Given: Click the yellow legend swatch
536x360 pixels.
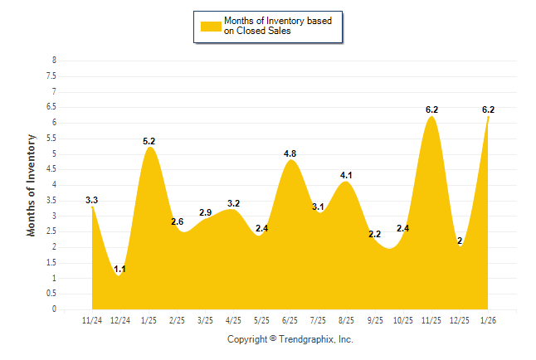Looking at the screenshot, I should coord(212,26).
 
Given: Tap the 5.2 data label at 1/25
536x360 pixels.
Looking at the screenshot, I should coord(149,141).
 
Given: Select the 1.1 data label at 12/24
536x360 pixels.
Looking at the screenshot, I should coord(119,269).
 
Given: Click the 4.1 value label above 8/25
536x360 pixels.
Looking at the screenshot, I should coord(347,175).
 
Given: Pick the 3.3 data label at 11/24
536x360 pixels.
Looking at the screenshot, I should coord(92,200).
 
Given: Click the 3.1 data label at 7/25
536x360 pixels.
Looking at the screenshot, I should coord(319,207).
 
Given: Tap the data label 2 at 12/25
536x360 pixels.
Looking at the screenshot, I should coord(459,241).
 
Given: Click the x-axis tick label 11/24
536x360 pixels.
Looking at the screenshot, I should coord(92,319).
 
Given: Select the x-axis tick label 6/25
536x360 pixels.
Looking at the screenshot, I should coord(290,319).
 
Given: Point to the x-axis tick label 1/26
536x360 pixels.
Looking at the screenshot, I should coord(488,319).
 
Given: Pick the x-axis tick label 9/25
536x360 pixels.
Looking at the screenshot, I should coord(375,319).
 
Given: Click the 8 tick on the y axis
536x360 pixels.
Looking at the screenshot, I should coord(54,61).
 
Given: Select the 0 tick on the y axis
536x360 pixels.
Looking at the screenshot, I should coord(54,309).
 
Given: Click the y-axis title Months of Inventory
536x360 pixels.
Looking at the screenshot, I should coord(32,185).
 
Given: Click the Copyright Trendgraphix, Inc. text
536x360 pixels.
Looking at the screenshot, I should coord(290,339).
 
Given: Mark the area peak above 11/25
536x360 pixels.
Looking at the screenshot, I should coord(431,117).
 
